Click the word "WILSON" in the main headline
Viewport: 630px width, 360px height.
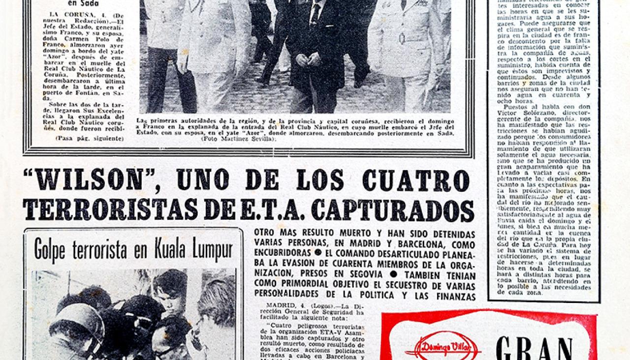88,180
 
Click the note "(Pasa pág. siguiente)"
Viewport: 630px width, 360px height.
89,139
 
